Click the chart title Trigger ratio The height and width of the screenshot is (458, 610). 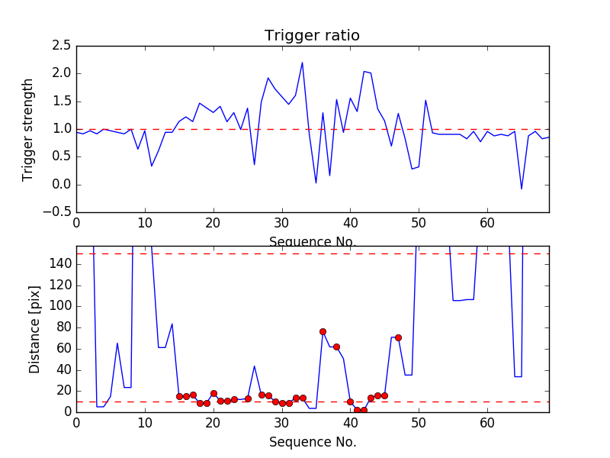(x=312, y=36)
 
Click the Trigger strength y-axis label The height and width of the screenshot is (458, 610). (x=28, y=129)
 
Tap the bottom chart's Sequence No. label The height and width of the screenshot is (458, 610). (x=312, y=442)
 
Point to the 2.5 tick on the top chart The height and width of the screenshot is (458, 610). (x=62, y=46)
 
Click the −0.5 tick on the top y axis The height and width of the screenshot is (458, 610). (x=59, y=212)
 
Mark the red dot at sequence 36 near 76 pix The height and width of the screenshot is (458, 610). (x=323, y=331)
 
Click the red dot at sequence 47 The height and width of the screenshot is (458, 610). (x=398, y=337)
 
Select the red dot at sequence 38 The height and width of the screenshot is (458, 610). (x=336, y=347)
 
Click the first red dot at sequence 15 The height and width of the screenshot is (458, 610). (x=179, y=396)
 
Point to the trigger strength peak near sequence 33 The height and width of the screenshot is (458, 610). (x=302, y=63)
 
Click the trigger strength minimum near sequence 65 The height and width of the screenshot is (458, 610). (x=522, y=189)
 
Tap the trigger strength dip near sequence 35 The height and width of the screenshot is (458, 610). (x=316, y=182)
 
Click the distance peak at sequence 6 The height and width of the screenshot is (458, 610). (x=117, y=343)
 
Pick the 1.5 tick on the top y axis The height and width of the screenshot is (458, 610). (x=62, y=102)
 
